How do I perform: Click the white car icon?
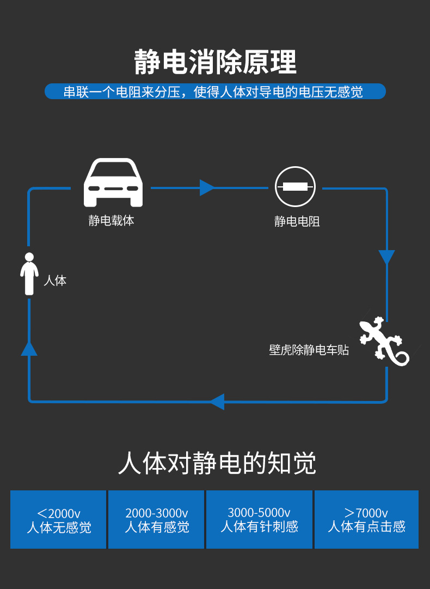[113, 183]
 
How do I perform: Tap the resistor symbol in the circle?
[295, 187]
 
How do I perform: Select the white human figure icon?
[29, 274]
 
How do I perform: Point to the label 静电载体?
[111, 221]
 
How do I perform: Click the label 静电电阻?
[297, 221]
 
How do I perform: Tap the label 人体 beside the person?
[55, 281]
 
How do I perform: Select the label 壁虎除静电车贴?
[309, 350]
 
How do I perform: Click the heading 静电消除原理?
[215, 62]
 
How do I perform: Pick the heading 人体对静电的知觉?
[217, 464]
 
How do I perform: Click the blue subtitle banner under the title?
[215, 92]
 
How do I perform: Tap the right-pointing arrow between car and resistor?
[207, 187]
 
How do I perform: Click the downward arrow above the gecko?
[386, 257]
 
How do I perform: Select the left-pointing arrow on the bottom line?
[217, 402]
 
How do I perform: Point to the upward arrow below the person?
[29, 348]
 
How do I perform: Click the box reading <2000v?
[58, 519]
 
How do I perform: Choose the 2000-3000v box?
[156, 519]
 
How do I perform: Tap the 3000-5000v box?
[259, 519]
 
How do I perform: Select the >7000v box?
[366, 519]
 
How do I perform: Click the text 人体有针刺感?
[259, 527]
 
